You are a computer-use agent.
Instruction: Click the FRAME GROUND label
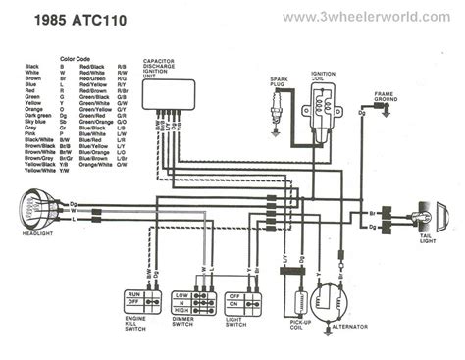pos(386,95)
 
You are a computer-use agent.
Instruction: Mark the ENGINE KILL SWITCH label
pos(137,327)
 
